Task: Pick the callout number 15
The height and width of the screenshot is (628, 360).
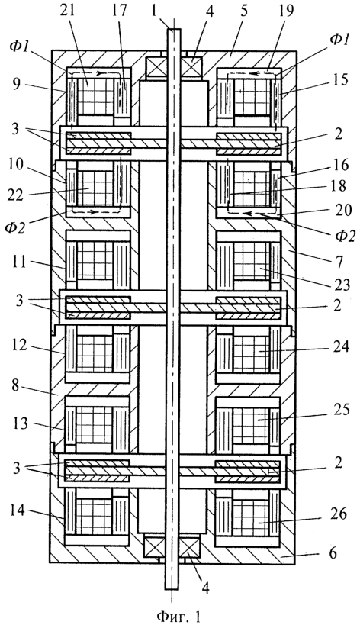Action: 339,80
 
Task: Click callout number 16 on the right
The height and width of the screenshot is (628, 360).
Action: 340,165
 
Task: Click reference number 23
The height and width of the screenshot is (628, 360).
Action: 342,285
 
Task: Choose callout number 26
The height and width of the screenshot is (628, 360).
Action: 339,514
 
